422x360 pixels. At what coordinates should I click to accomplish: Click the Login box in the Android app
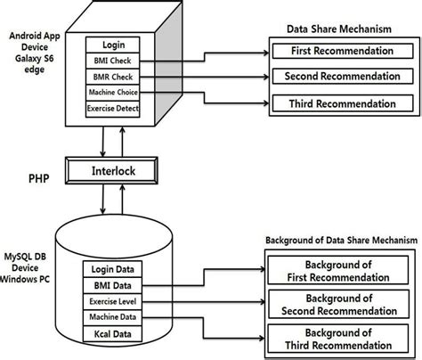point(113,44)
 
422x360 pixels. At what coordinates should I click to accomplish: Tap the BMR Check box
point(113,76)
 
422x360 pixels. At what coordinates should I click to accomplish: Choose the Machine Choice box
point(113,92)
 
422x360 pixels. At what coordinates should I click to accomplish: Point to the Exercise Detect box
point(113,108)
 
